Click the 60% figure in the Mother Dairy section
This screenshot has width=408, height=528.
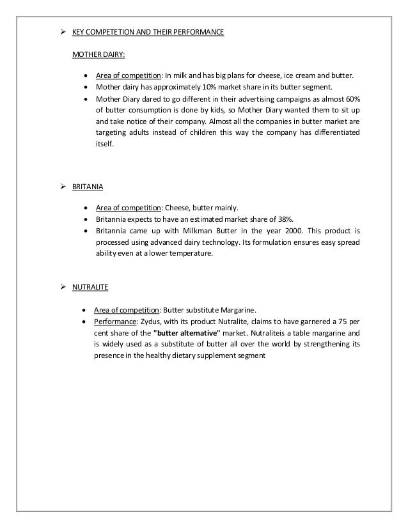pos(352,98)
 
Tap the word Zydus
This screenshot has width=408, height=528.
pos(150,320)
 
